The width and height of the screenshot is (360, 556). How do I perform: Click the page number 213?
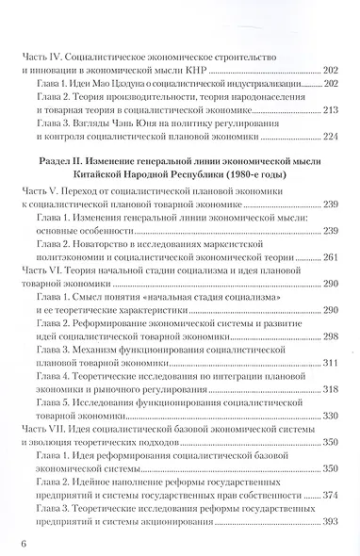coord(330,110)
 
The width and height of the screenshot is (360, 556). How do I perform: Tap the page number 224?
coord(330,137)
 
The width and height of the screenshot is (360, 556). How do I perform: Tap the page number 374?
coord(330,495)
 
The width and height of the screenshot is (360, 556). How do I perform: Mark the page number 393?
coord(330,521)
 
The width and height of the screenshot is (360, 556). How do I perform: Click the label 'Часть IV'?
coord(42,44)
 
